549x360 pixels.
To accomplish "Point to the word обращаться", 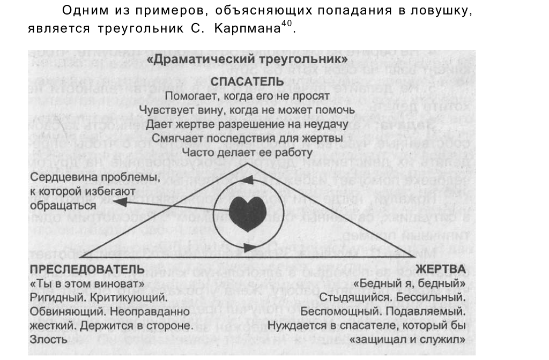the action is pyautogui.click(x=63, y=205).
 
